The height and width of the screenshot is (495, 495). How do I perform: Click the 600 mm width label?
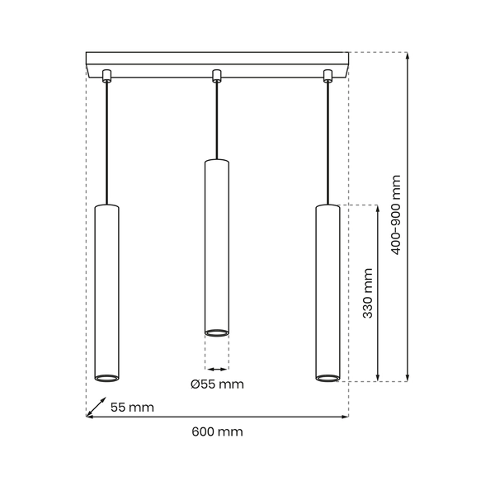point(218,431)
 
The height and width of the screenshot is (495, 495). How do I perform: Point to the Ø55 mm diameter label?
point(217,384)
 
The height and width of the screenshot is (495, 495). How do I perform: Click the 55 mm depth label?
point(132,408)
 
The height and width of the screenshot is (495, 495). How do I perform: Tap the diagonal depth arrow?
point(97,408)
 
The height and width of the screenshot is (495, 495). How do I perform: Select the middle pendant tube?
point(216,247)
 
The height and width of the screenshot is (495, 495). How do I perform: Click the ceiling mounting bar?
point(217,61)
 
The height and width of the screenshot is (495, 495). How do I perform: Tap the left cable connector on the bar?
point(106,77)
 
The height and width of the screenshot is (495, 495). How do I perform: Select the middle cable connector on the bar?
point(217,77)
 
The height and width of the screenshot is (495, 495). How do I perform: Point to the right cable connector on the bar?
point(328,77)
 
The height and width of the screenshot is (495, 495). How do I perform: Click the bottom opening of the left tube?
point(106,378)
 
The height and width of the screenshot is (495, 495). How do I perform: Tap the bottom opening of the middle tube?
point(216,332)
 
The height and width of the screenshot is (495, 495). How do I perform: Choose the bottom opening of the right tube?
point(327,378)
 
